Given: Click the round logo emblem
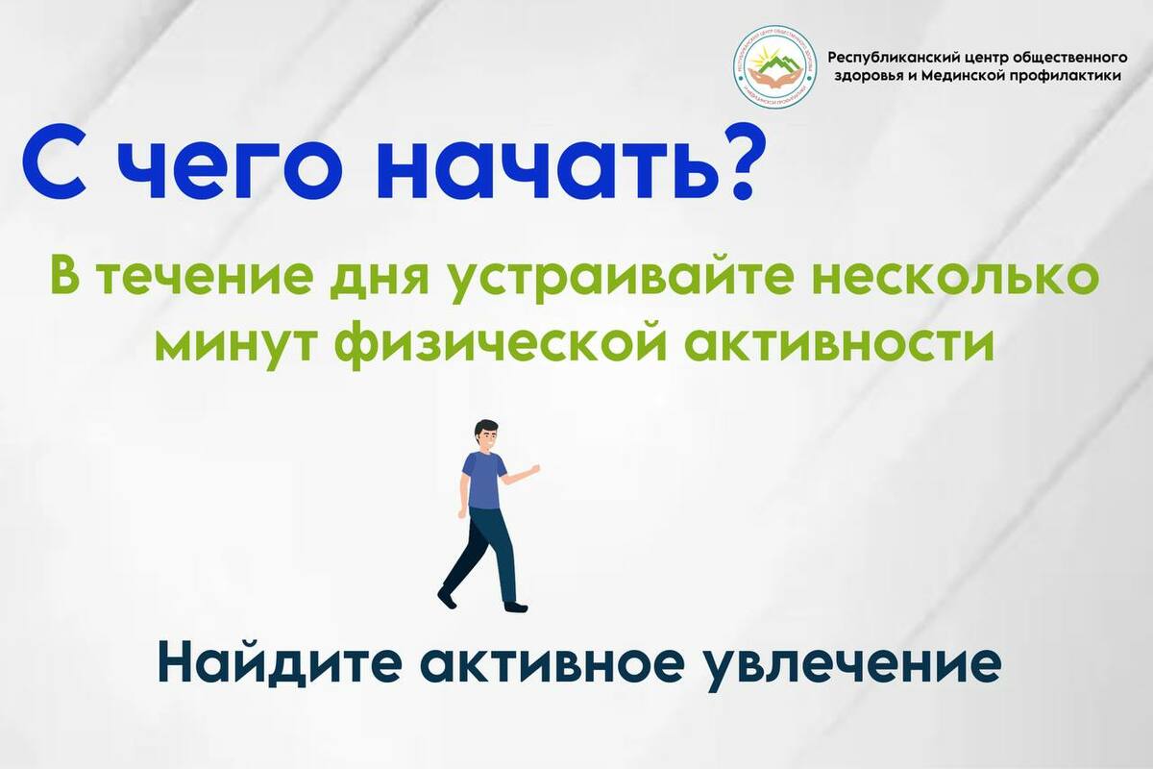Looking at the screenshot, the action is tap(774, 67).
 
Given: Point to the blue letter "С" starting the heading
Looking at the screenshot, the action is tap(54, 161).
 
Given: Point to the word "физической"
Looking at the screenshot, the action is tap(503, 344).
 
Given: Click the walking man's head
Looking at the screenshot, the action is tap(486, 434).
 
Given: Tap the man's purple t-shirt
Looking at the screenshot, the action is tap(482, 480).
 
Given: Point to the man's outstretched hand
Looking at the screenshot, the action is tap(535, 469).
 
